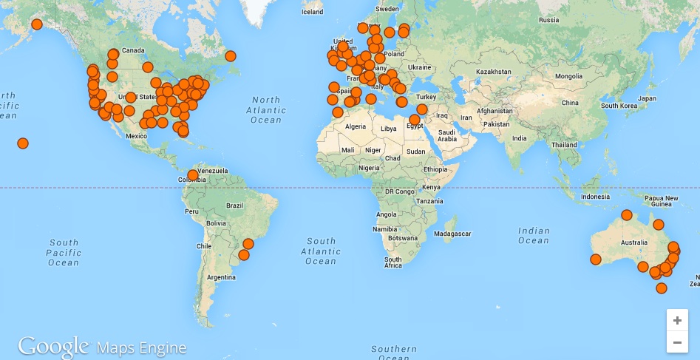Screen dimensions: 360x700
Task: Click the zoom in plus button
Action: pos(677,320)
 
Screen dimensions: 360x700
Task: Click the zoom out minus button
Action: pos(677,342)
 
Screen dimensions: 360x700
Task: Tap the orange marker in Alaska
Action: pos(37,24)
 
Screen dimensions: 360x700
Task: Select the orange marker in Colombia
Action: pos(193,175)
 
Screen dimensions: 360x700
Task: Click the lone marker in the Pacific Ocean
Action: pos(23,143)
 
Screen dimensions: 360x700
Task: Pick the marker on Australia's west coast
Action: pos(596,259)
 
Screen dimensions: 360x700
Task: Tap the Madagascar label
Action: pos(453,234)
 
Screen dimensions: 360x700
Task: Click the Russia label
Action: pos(548,20)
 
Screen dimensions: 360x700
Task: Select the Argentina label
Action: pos(222,276)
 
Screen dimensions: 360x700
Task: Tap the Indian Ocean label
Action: pos(534,235)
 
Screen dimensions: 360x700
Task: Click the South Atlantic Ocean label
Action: pos(321,251)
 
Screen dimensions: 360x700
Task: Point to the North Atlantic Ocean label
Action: pos(266,109)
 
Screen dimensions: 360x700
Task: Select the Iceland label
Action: pos(313,12)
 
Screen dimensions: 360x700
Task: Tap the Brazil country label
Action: pos(235,205)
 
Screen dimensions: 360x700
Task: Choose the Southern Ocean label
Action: pos(394,352)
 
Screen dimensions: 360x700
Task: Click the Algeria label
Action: pos(356,126)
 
